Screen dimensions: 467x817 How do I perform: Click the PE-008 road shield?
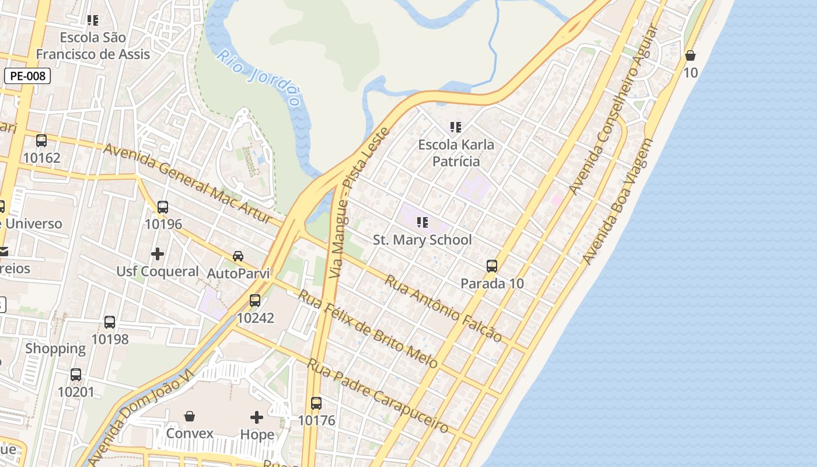tap(27, 76)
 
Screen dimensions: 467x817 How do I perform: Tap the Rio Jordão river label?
tap(261, 79)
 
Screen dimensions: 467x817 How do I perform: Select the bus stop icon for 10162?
tap(41, 141)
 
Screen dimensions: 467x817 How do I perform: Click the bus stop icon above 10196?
tap(163, 207)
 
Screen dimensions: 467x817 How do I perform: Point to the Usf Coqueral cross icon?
tap(158, 254)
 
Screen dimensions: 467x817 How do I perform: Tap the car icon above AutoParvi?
tap(238, 256)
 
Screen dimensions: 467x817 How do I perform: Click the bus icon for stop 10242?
tap(255, 301)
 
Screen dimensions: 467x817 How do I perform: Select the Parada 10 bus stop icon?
tap(492, 266)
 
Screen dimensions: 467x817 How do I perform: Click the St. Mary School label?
tap(422, 240)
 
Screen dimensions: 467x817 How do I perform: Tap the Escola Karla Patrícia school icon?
tap(456, 127)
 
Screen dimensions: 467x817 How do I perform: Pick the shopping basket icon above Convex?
tap(190, 416)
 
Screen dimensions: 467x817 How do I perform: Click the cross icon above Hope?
tap(257, 417)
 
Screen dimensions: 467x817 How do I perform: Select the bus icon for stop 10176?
tap(316, 403)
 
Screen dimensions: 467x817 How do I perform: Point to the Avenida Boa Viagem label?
tap(617, 201)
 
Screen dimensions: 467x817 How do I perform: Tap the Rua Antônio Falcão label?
tap(443, 308)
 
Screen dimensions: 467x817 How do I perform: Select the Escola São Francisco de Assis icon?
tap(93, 20)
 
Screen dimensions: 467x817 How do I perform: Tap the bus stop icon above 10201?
tap(76, 375)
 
